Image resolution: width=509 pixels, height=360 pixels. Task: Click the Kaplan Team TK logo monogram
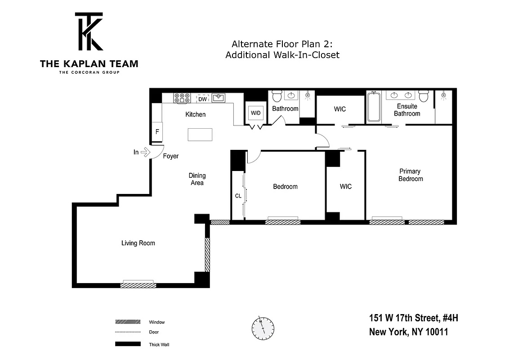pyautogui.click(x=89, y=31)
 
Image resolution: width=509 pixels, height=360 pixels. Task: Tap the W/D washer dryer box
pyautogui.click(x=255, y=113)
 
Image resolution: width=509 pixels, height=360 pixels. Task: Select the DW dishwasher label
pyautogui.click(x=203, y=99)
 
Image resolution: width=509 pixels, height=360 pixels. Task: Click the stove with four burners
pyautogui.click(x=182, y=98)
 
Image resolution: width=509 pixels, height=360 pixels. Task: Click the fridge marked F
pyautogui.click(x=157, y=132)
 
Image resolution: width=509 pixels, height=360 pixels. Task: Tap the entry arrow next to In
pyautogui.click(x=145, y=153)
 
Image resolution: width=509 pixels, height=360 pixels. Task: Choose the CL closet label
pyautogui.click(x=238, y=196)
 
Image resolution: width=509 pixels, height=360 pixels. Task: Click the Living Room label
pyautogui.click(x=138, y=243)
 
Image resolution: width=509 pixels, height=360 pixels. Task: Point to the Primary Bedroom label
pyautogui.click(x=410, y=175)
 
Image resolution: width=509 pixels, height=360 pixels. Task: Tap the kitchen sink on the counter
pyautogui.click(x=219, y=98)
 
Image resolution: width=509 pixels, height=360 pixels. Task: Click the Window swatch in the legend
pyautogui.click(x=128, y=322)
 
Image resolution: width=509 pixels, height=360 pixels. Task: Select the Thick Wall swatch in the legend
pyautogui.click(x=128, y=345)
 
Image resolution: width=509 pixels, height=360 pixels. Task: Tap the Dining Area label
pyautogui.click(x=197, y=179)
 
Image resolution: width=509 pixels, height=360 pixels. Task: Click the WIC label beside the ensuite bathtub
pyautogui.click(x=340, y=109)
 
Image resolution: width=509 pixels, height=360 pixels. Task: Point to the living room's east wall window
pyautogui.click(x=207, y=255)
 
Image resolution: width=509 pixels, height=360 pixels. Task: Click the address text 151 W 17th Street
pyautogui.click(x=413, y=319)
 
